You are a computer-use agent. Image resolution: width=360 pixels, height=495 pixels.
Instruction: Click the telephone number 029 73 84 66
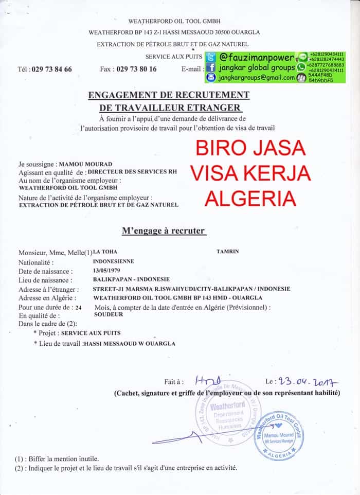point(51,69)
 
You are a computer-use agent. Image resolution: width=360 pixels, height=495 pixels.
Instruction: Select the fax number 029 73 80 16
point(136,69)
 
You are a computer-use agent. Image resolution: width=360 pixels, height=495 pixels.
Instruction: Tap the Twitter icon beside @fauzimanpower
point(211,57)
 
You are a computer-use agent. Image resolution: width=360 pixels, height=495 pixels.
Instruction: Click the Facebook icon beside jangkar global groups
point(211,67)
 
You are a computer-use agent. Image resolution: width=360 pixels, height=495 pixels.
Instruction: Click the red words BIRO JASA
point(251,148)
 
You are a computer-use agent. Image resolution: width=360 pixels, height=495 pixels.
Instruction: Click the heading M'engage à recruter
point(163,231)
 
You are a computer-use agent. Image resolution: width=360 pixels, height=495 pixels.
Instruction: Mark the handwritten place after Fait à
point(209,381)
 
